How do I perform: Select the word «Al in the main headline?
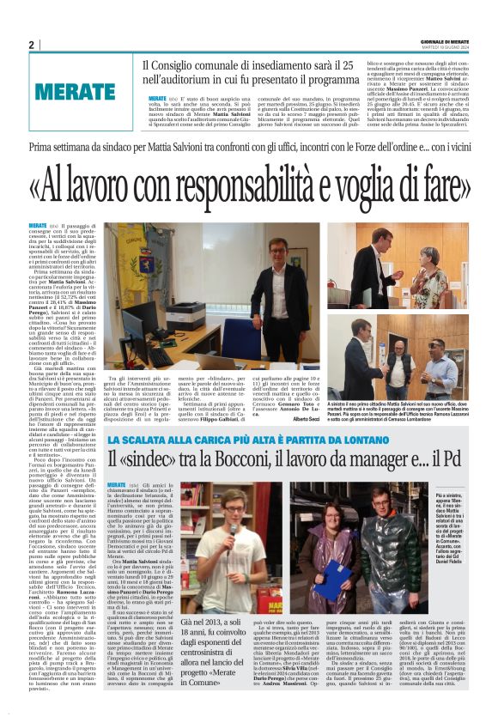click(46, 184)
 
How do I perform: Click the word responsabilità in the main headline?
click(269, 184)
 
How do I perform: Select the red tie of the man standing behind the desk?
click(277, 283)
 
